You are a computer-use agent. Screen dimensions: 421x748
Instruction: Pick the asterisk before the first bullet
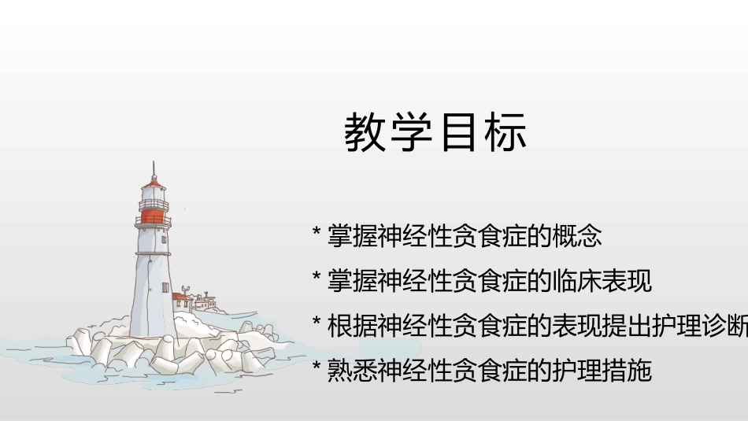click(317, 233)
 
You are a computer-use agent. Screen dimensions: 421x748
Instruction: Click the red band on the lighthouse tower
click(154, 216)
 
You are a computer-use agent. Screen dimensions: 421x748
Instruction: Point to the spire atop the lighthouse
click(154, 168)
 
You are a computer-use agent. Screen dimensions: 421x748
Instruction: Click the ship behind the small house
click(202, 300)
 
